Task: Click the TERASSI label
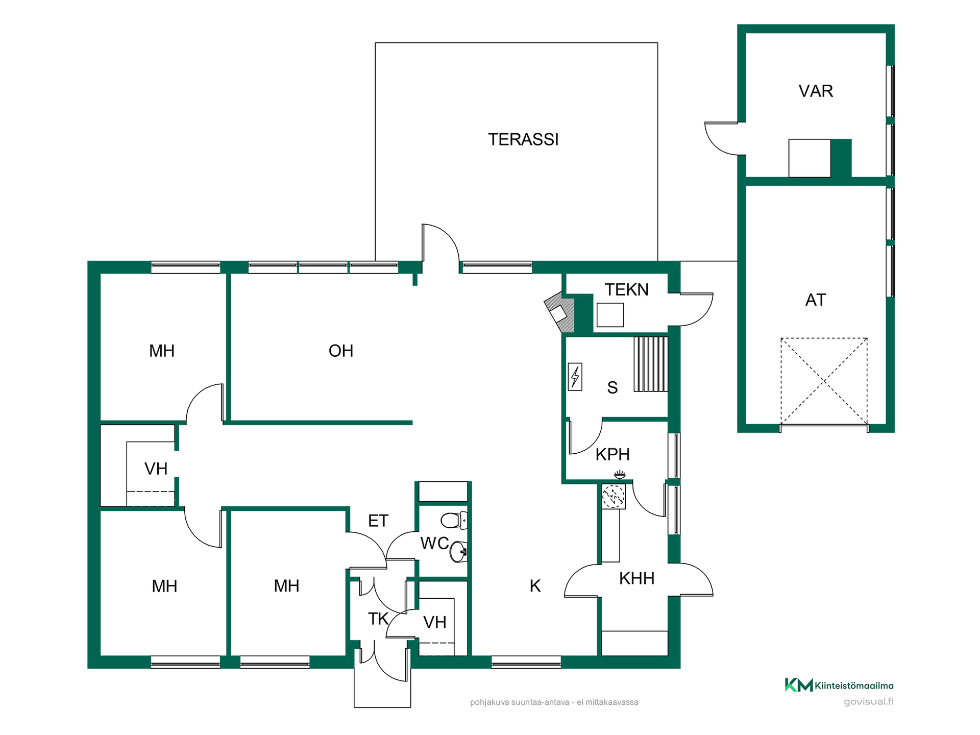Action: tap(523, 139)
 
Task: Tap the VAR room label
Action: tap(816, 91)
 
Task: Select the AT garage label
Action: tap(815, 300)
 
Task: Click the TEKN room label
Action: tap(627, 289)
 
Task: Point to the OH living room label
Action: tap(341, 351)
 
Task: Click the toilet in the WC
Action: tap(454, 520)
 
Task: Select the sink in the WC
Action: tap(459, 551)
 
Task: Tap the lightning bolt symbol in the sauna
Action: tap(575, 377)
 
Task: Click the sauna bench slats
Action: tap(651, 364)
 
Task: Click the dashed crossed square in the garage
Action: tap(824, 381)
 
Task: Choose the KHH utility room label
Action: tap(636, 578)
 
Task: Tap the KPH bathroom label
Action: tap(612, 454)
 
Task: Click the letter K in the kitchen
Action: tap(535, 586)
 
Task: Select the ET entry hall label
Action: tap(378, 521)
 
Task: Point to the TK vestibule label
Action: tap(378, 619)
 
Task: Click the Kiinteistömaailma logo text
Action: tap(854, 685)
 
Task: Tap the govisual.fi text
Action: tap(868, 702)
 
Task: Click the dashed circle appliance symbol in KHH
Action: tap(613, 496)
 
